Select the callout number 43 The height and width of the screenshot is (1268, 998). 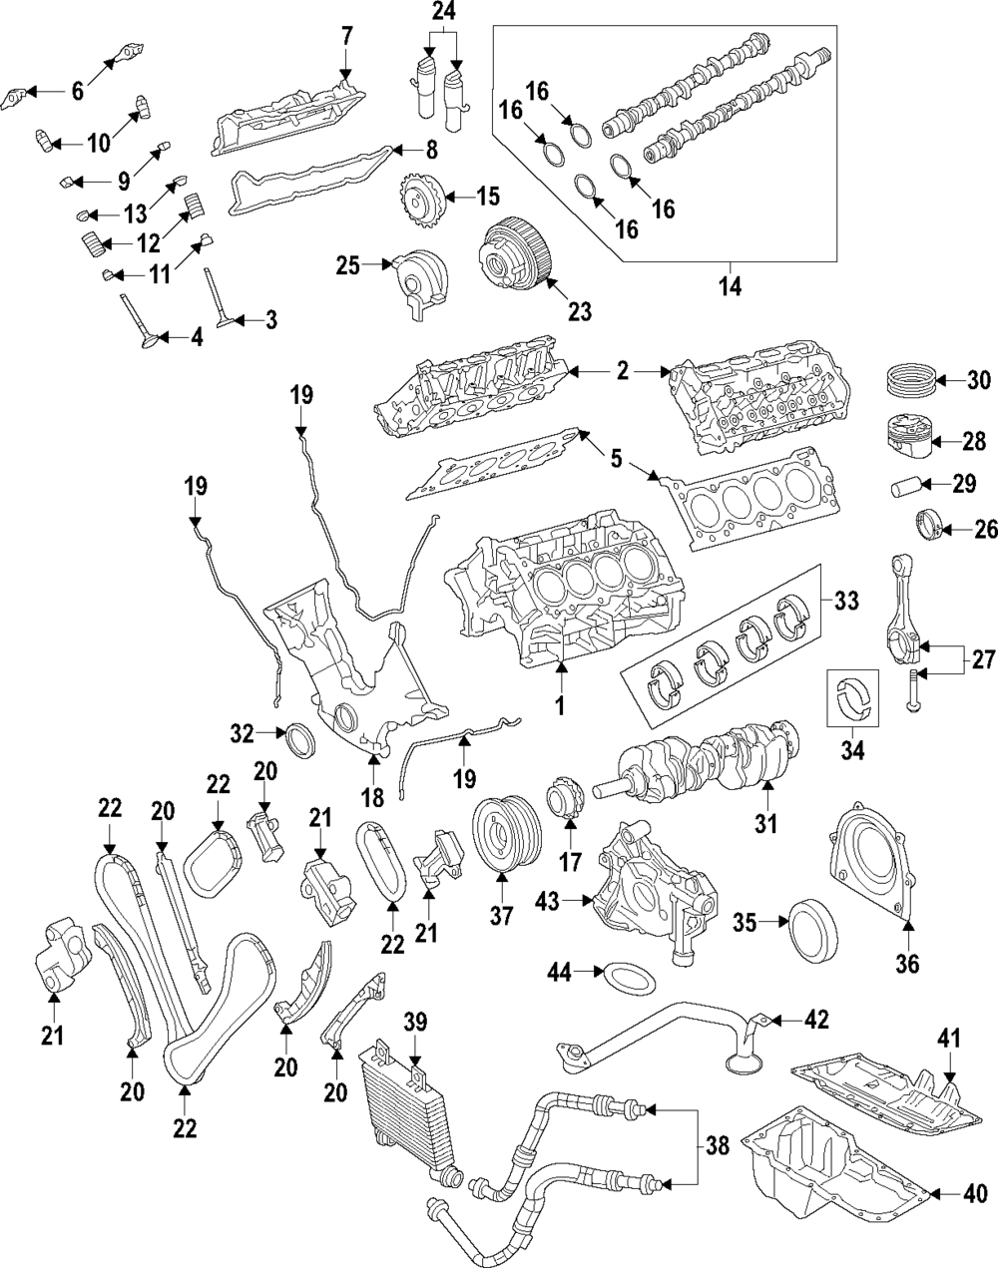(546, 901)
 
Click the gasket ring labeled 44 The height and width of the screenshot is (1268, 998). (623, 976)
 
